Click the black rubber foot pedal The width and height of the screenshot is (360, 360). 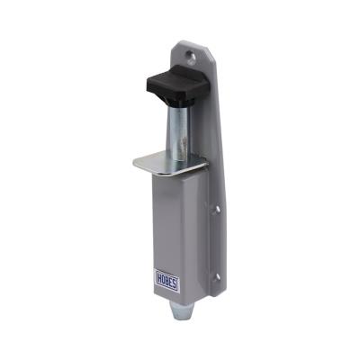coord(177,82)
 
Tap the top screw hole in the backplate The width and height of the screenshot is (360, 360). coord(190,56)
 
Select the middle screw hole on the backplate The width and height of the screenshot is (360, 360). coord(217,209)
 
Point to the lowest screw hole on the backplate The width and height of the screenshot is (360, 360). coord(218,277)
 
